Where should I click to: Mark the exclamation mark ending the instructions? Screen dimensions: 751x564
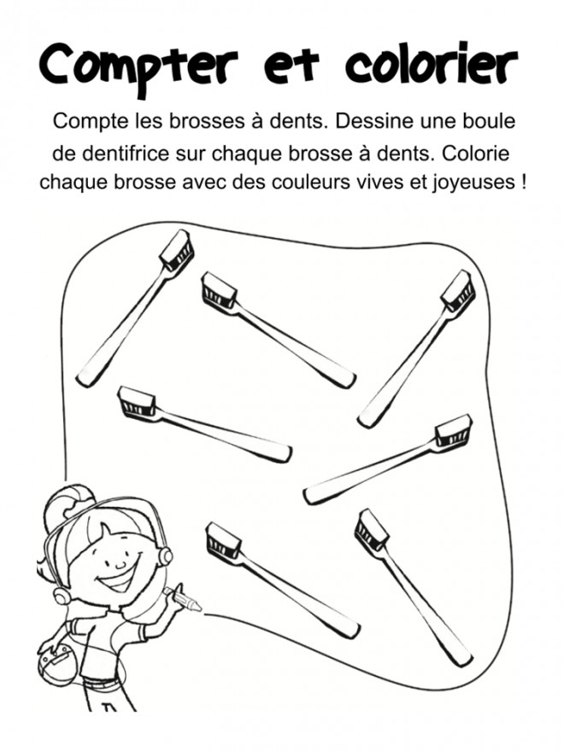pyautogui.click(x=523, y=182)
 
